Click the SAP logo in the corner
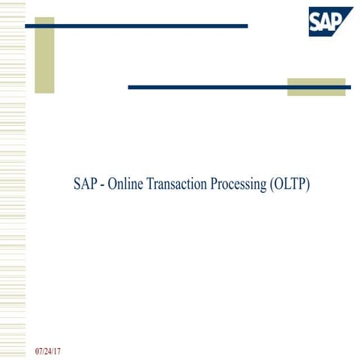[329, 21]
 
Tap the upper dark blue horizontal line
[135, 26]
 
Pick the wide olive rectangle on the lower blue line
[316, 87]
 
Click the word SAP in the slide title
[85, 184]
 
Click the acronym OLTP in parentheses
[289, 184]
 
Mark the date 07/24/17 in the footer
[47, 351]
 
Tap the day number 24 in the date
[47, 351]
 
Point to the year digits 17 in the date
[56, 351]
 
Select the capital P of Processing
[213, 184]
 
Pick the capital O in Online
[112, 184]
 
